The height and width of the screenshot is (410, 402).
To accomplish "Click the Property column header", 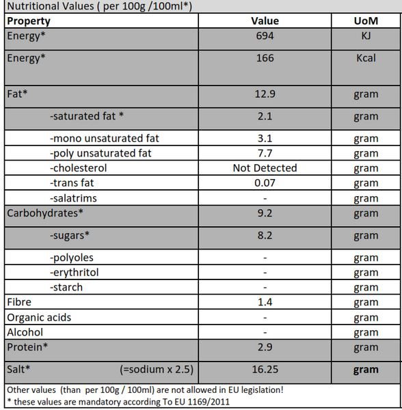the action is click(29, 21).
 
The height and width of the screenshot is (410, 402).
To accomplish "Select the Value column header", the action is click(265, 21).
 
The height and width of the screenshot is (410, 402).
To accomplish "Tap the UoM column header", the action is click(366, 21).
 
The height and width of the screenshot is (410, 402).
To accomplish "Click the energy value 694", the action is click(265, 36).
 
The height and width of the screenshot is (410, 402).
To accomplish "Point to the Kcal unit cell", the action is click(366, 58).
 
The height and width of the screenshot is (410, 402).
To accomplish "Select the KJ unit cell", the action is click(366, 36).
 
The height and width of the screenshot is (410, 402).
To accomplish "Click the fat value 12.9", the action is click(265, 94).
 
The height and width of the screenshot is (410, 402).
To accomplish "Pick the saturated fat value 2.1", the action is click(265, 116).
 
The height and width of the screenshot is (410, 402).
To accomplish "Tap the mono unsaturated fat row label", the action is click(105, 139).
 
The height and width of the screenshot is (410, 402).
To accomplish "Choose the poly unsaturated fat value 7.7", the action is click(265, 154).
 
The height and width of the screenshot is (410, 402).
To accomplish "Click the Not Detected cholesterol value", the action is click(265, 168).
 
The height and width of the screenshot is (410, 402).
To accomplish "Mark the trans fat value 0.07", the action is click(265, 183).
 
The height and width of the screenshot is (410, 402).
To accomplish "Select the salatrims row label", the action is click(73, 198).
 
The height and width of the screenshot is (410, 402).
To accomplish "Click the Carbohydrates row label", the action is click(45, 213).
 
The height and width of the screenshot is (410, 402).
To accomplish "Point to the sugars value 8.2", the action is click(265, 236).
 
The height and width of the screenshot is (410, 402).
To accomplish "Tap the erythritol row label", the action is click(75, 273).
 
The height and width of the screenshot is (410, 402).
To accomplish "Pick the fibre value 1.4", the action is click(265, 302).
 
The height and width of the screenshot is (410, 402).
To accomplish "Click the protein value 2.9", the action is click(265, 347).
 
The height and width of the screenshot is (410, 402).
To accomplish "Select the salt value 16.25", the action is click(265, 370).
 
